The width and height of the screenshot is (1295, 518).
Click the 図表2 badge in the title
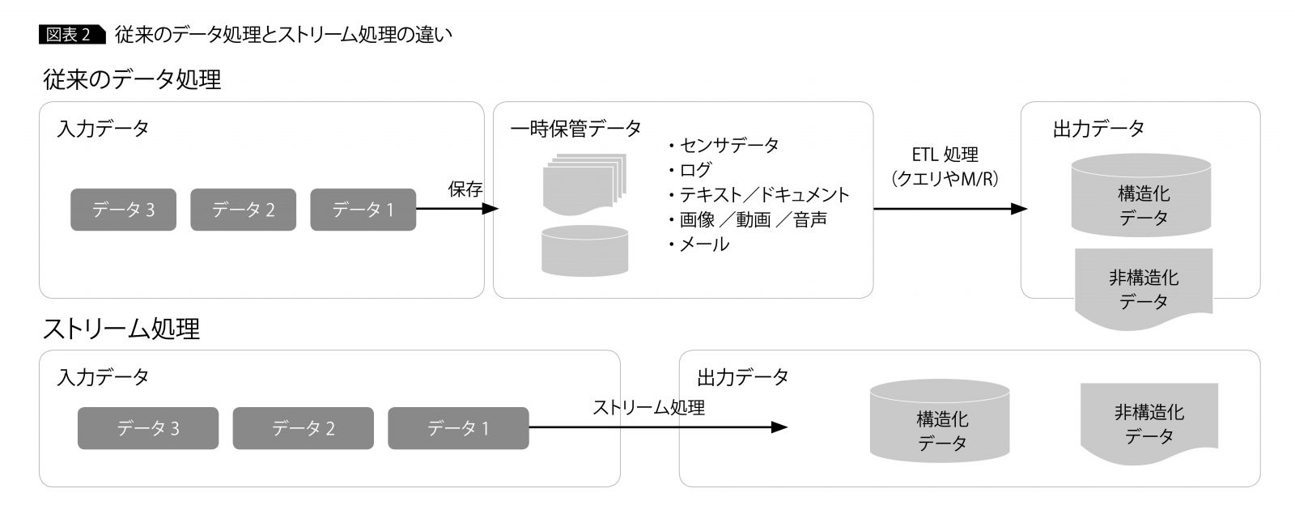coord(71,34)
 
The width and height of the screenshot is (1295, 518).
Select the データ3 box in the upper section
coord(123,210)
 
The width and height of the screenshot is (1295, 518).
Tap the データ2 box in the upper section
coord(243,210)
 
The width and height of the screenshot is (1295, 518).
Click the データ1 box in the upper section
coord(363,210)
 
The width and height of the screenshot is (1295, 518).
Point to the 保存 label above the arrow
coord(465,189)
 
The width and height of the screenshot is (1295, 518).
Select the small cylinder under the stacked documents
coord(584,250)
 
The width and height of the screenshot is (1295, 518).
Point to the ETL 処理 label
coord(945,155)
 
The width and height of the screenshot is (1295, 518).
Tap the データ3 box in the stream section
coord(148,428)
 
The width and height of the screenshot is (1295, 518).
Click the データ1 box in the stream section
coord(458,428)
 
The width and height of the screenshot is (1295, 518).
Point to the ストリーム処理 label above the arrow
coord(648,408)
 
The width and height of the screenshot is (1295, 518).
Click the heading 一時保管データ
coord(575,129)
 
